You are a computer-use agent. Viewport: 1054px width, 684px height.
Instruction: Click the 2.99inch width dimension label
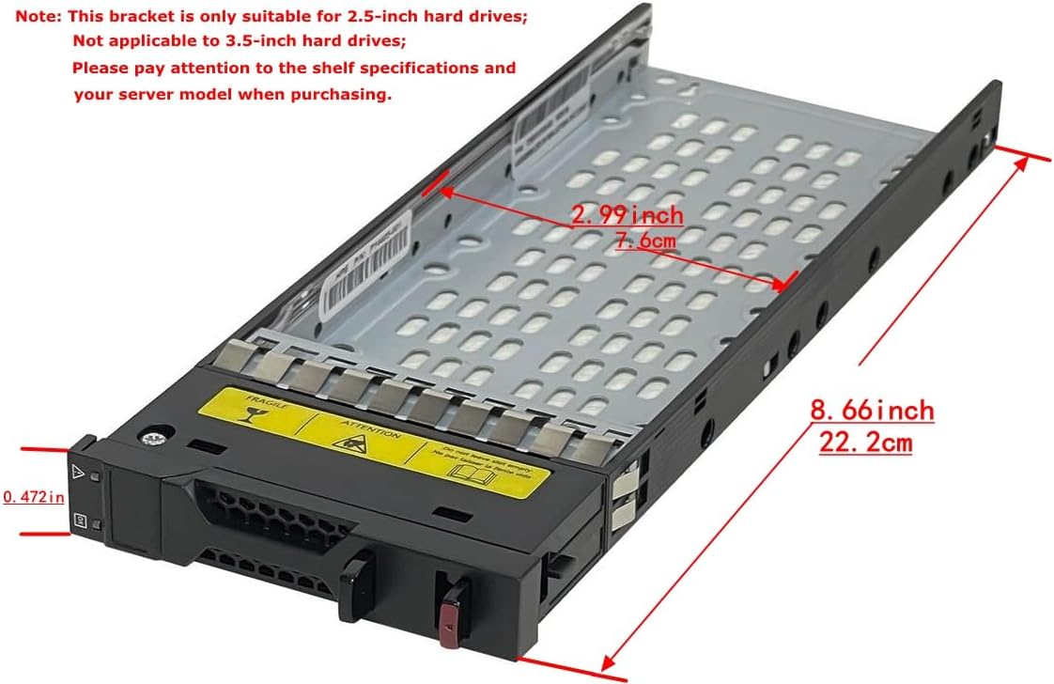tap(628, 215)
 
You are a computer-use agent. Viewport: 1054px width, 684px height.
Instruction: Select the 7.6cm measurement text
tap(645, 241)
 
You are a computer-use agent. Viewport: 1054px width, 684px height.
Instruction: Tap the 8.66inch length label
tap(872, 411)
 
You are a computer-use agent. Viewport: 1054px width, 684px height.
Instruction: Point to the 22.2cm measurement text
tap(865, 442)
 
